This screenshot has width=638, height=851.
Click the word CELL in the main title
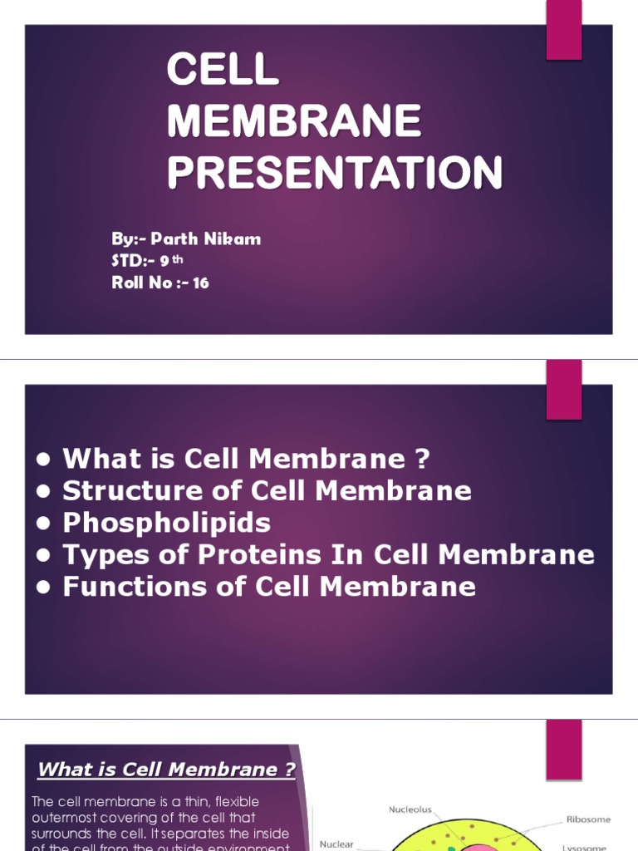(x=223, y=71)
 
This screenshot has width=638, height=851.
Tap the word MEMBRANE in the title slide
(x=294, y=122)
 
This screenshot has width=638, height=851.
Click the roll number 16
(x=200, y=283)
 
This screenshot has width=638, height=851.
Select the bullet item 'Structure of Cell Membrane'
(x=267, y=490)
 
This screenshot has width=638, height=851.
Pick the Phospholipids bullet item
(x=167, y=523)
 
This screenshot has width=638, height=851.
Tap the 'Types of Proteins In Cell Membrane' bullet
(x=328, y=554)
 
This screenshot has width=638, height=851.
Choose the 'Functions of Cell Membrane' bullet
(x=269, y=587)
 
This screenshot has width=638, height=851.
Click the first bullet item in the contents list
(x=247, y=458)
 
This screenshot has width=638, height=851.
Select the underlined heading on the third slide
(x=166, y=770)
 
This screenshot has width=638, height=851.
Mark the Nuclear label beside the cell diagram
(x=336, y=844)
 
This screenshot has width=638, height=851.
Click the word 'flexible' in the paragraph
(x=237, y=802)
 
